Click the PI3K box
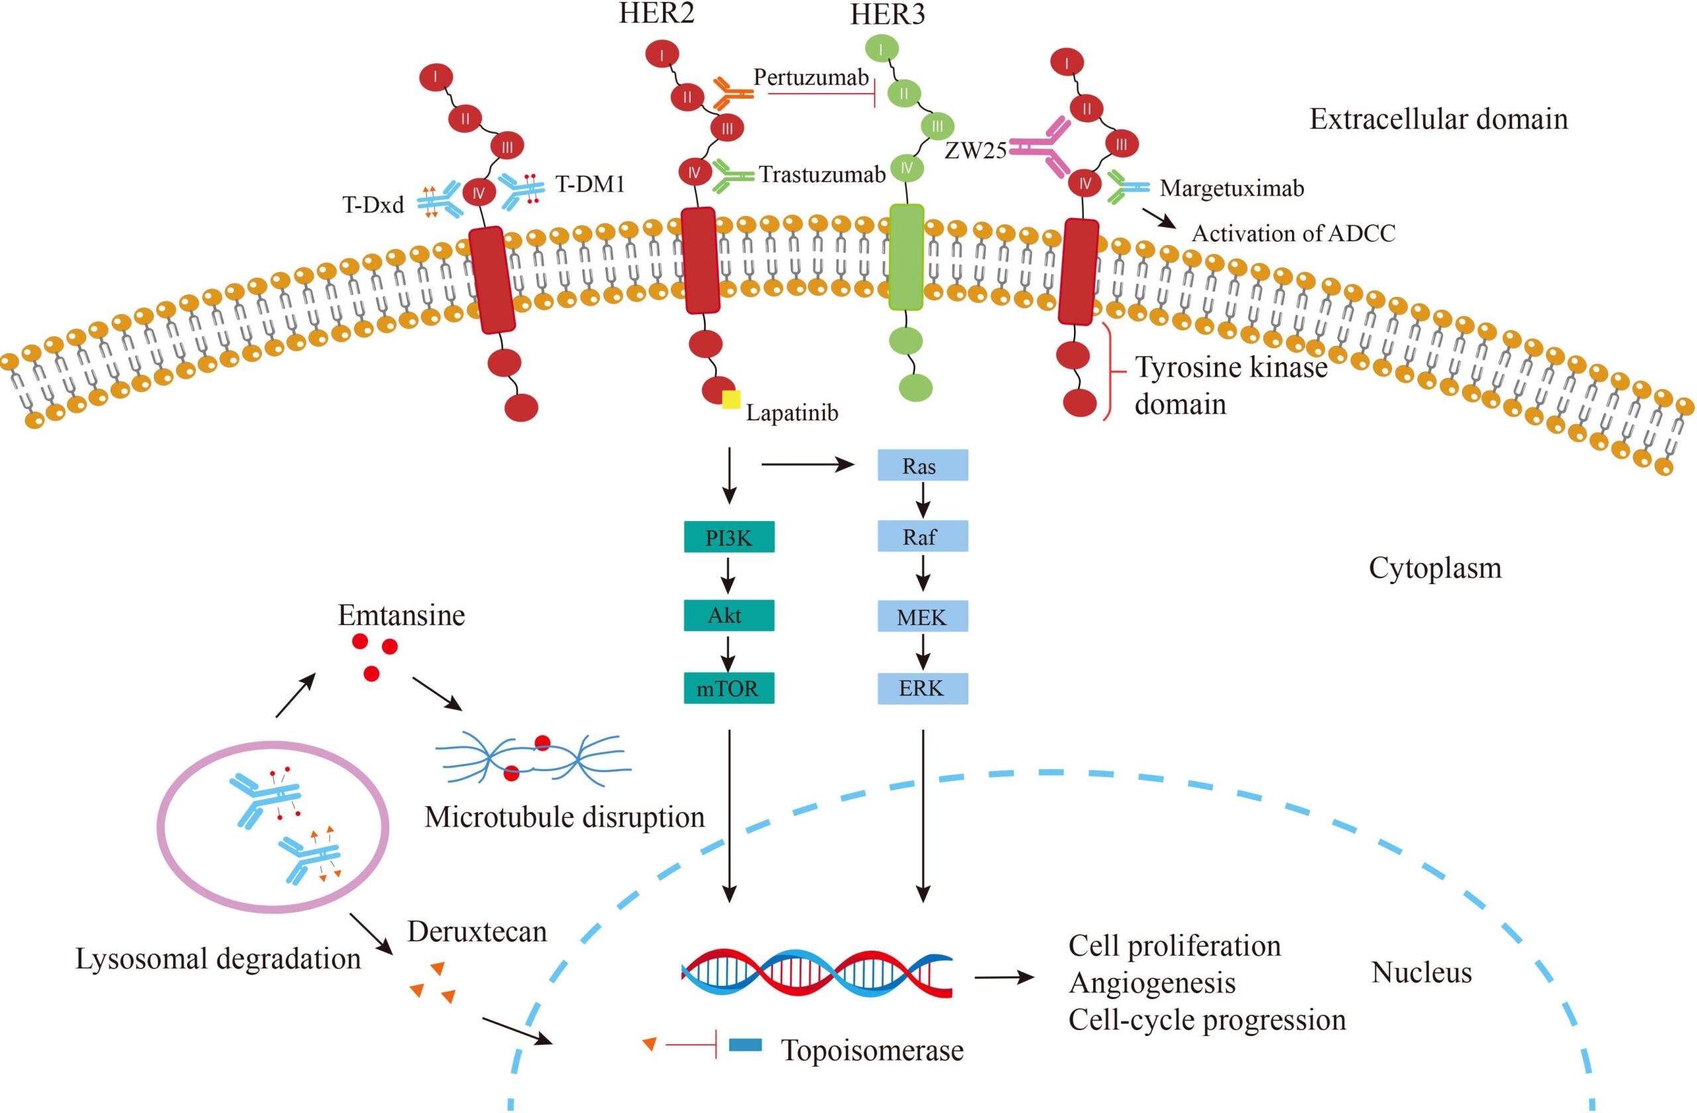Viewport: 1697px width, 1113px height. pos(729,538)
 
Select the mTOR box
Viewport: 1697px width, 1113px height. pos(729,689)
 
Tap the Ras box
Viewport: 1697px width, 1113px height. pos(922,465)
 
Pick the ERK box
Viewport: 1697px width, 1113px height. pos(922,689)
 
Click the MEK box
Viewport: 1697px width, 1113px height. pos(922,616)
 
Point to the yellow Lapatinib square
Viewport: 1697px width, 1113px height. pos(731,400)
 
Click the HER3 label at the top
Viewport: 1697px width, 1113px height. pos(887,15)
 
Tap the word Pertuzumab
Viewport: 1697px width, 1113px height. pos(811,77)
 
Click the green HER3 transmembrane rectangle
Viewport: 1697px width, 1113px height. pos(906,257)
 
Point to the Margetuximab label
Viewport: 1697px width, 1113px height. pos(1232,188)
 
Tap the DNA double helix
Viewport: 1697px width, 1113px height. pos(817,972)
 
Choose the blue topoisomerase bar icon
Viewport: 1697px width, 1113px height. pos(745,1046)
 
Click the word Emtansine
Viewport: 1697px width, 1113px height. pos(401,615)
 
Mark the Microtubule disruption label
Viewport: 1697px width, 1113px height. pos(564,817)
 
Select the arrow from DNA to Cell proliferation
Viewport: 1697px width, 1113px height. pos(1003,978)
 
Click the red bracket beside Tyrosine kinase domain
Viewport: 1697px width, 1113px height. pos(1110,371)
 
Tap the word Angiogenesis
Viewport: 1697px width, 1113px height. pos(1152,982)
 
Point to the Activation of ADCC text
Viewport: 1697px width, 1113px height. pos(1293,234)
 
